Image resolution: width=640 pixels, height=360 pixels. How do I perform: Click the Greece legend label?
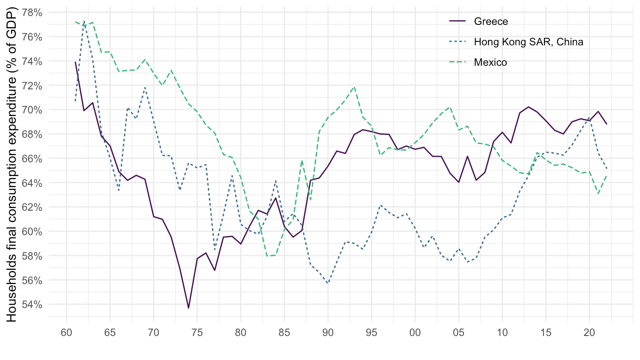491,21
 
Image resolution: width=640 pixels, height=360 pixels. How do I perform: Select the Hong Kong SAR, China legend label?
528,42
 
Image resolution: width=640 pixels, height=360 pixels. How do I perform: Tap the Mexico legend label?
490,62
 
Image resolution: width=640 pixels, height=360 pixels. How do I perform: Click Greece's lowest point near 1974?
188,308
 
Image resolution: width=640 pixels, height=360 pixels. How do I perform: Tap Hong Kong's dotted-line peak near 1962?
84,21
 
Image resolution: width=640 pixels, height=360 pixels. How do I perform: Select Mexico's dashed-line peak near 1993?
354,86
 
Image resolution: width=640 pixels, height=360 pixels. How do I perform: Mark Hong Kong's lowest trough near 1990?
328,283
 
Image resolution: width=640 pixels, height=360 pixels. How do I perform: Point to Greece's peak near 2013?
528,107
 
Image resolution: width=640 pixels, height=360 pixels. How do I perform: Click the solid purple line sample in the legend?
459,21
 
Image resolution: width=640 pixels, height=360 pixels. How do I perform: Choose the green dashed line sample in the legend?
459,62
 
